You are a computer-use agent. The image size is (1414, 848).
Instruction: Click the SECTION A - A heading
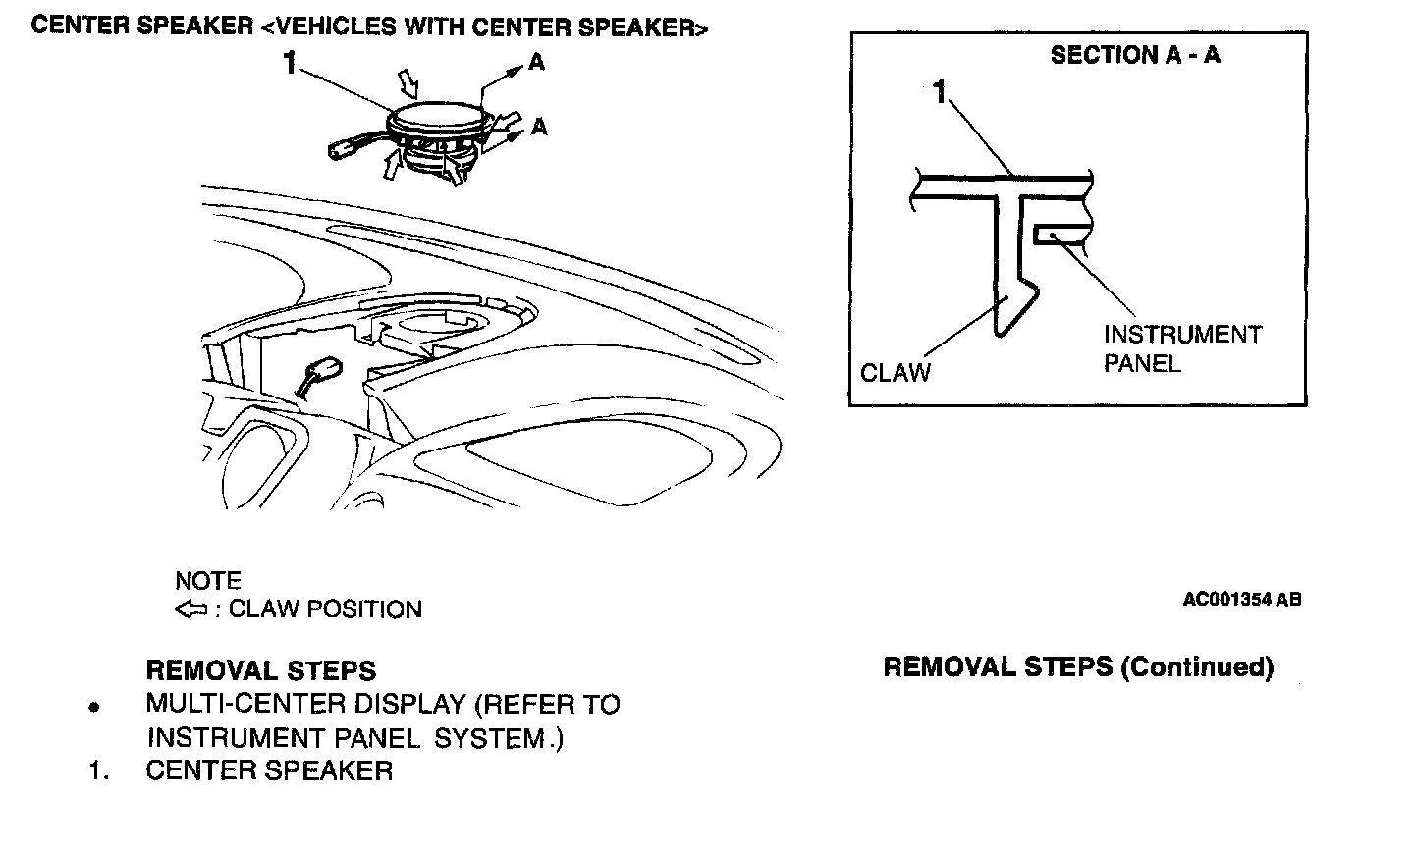click(x=1135, y=55)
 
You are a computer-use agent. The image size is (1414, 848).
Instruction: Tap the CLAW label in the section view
click(x=895, y=373)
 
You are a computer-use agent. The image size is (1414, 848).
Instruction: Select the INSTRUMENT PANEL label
click(x=1181, y=348)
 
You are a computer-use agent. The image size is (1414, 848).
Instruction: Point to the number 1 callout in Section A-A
click(x=940, y=94)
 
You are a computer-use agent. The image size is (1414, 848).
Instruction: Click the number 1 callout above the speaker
click(x=289, y=64)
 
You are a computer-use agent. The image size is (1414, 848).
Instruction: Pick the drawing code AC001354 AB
click(x=1241, y=599)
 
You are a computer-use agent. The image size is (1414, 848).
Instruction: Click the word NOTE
click(x=207, y=580)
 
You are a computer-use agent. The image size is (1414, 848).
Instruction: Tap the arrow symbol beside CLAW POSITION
click(x=190, y=609)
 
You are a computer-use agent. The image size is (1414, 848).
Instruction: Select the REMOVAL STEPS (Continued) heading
click(x=1078, y=667)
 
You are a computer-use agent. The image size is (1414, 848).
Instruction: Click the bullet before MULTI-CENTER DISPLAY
click(x=94, y=707)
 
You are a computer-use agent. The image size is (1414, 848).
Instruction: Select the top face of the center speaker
click(x=438, y=116)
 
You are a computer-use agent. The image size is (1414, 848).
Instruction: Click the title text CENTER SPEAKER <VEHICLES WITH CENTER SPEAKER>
click(x=368, y=26)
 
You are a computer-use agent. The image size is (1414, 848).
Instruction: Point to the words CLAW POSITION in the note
click(x=325, y=609)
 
